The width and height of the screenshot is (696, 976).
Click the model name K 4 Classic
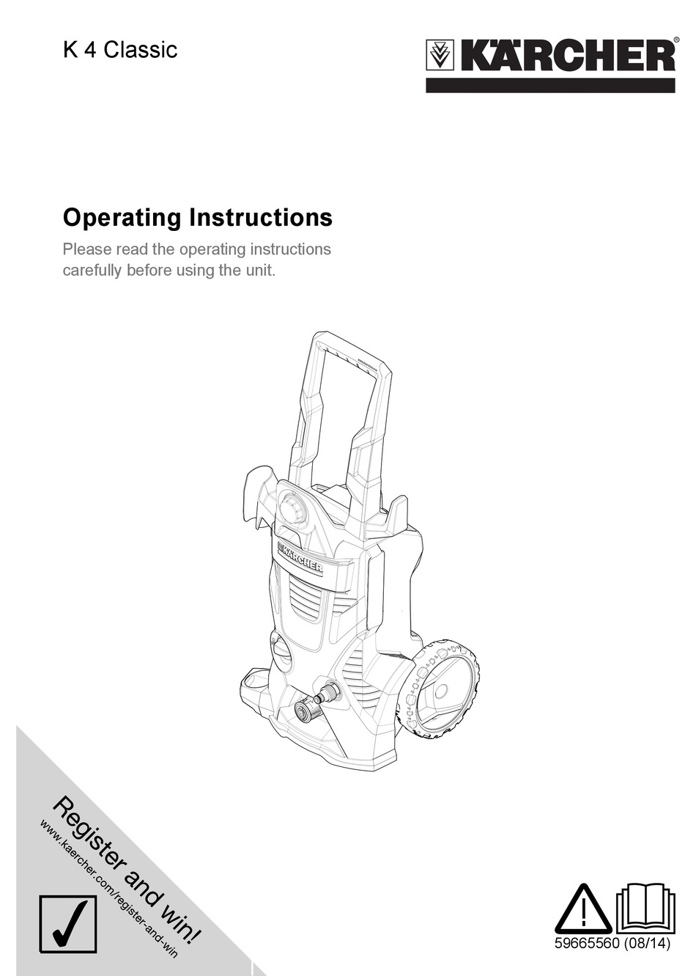(x=120, y=50)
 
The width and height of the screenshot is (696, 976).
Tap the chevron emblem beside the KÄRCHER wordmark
(x=441, y=56)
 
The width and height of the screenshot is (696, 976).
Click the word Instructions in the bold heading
(x=261, y=218)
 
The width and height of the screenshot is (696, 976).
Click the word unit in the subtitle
(x=259, y=270)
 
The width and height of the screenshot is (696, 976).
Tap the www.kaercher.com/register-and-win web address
(x=109, y=888)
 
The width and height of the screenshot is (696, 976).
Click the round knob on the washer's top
(x=293, y=510)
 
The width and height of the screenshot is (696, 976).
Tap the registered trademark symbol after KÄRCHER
(x=675, y=41)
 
